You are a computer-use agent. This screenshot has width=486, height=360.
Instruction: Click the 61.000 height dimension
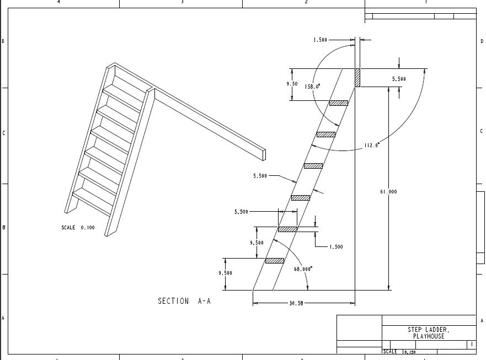coord(388,192)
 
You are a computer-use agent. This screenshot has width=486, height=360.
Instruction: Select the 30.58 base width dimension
coord(296,303)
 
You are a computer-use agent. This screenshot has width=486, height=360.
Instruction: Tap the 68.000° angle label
coord(303,269)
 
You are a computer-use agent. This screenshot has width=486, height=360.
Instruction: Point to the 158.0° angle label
coord(313,87)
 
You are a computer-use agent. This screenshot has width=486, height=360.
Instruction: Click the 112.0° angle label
coord(372,146)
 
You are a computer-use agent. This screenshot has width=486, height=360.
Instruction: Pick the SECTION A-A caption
coord(184,301)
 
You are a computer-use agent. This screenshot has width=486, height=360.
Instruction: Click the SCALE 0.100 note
coord(78,228)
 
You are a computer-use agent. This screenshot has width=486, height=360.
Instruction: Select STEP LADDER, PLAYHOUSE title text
coord(429,333)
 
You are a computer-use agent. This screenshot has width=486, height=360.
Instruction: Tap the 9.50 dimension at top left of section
coord(292,84)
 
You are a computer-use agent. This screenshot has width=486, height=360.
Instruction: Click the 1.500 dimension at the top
coord(320,40)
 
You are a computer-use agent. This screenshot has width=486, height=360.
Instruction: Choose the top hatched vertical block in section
coord(357,77)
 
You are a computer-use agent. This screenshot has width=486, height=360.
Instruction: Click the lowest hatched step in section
coord(275,261)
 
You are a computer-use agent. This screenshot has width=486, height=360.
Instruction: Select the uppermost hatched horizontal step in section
coord(339,103)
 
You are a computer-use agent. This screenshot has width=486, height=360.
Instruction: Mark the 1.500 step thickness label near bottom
coord(336,247)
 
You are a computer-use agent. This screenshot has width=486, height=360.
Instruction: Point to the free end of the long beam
coord(264,154)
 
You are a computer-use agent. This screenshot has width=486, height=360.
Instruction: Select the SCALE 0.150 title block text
coord(400,352)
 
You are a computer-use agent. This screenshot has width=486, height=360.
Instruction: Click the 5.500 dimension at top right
coord(399,79)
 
